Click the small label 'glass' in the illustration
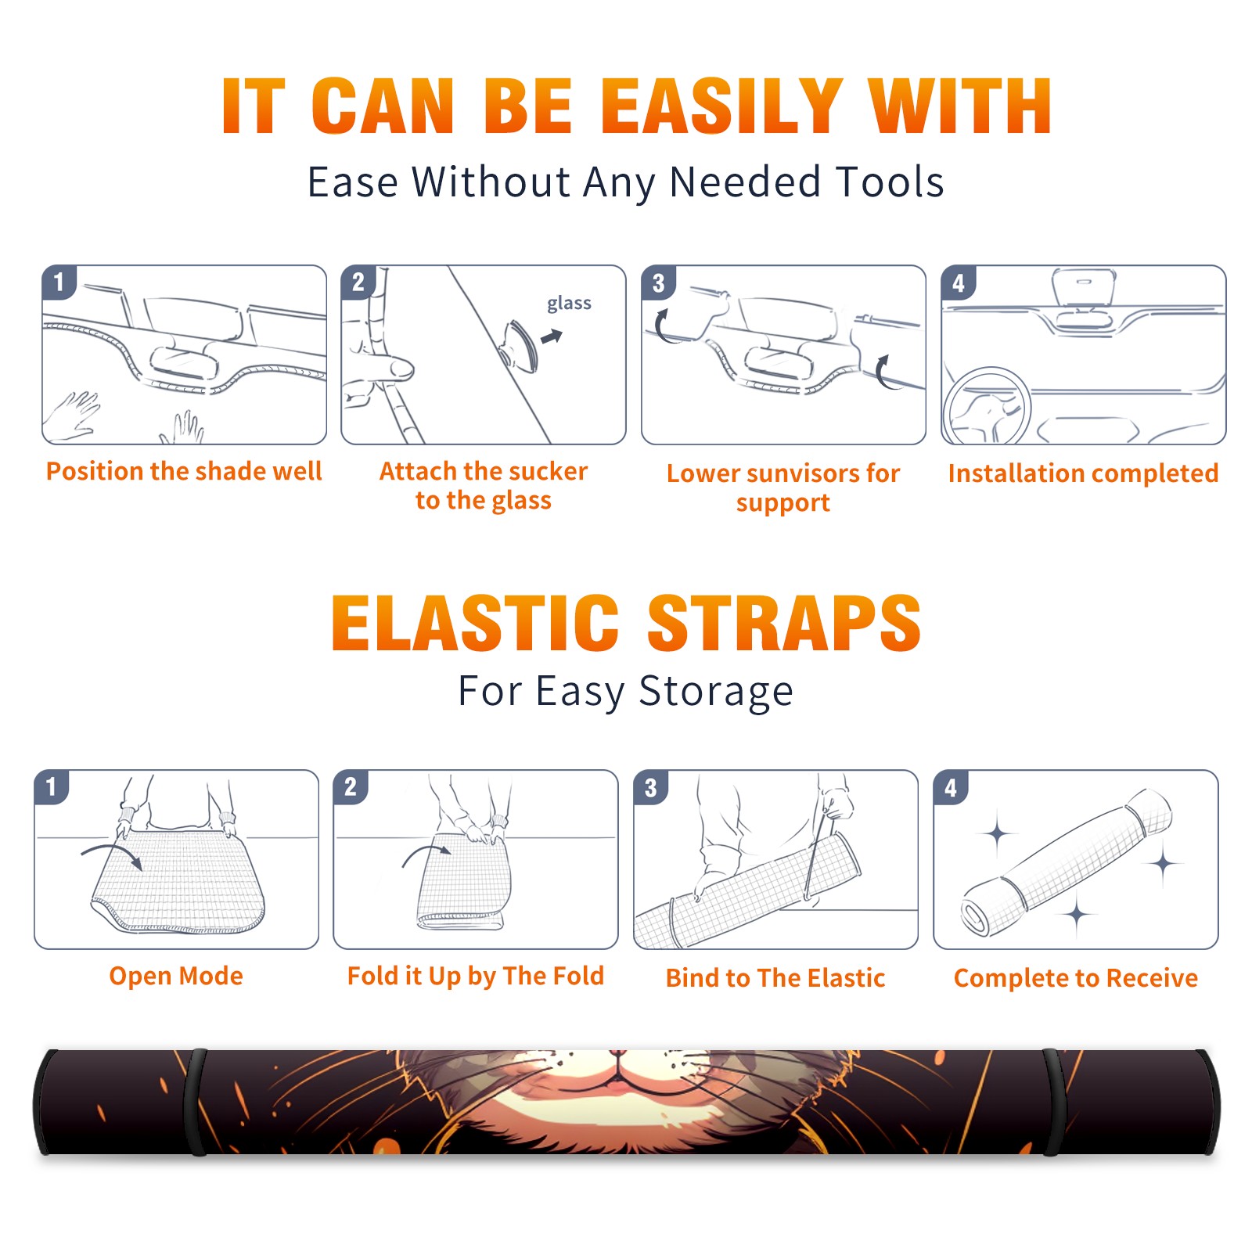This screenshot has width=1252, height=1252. pos(569,304)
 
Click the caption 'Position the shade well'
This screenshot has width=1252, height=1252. pos(184,471)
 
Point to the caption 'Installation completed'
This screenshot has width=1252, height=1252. pos(1083,473)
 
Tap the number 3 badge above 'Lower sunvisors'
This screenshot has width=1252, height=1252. pos(658,282)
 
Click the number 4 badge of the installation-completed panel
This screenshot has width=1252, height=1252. pos(958,282)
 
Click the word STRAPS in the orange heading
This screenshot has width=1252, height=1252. pos(784,623)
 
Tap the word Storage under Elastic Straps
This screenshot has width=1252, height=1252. pos(716,692)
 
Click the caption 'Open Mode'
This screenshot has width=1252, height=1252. pos(176,976)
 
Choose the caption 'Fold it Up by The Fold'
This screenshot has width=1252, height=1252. pos(476,976)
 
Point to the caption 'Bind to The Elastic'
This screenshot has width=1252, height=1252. pos(775,978)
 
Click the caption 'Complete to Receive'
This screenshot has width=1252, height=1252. pos(1076,978)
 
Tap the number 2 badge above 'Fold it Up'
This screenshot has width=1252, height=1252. pos(350,786)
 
